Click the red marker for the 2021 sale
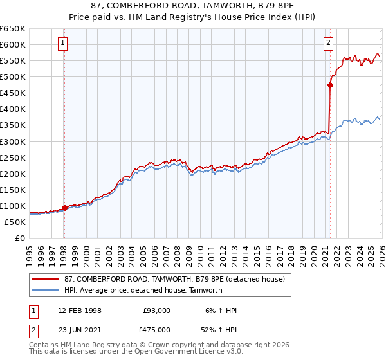coord(330,84)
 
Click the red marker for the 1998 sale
coord(64,208)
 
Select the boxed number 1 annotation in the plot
coord(63,43)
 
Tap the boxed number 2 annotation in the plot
coord(328,43)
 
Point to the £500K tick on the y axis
coord(12,77)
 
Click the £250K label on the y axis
coord(12,157)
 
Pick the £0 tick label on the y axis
coord(19,238)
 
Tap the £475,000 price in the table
coord(156,330)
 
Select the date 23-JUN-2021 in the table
coord(80,330)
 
